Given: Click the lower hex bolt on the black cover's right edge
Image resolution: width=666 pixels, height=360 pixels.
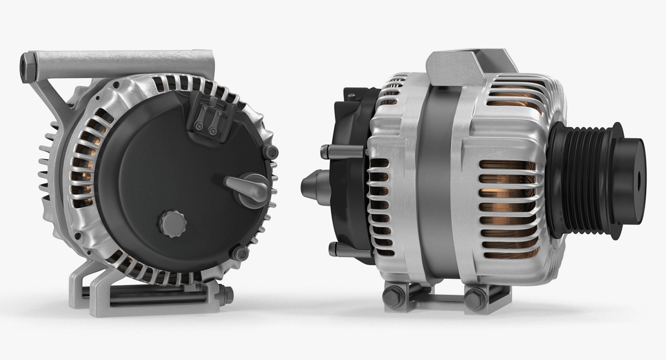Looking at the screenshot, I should (242, 252).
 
